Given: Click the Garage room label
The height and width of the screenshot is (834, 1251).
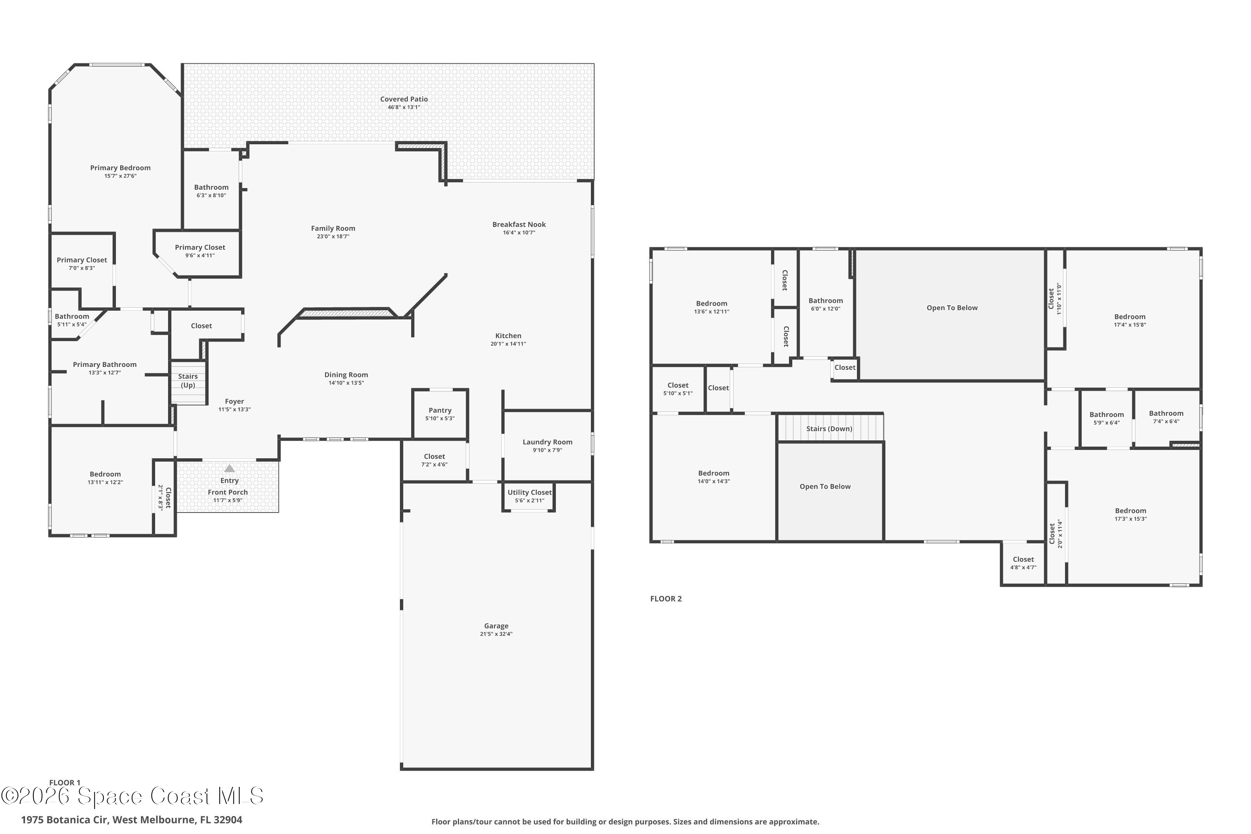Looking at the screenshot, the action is coord(496,626).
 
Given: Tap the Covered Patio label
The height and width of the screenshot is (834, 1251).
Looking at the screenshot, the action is coord(404,99).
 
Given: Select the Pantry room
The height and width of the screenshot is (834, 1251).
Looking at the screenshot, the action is coord(440,414).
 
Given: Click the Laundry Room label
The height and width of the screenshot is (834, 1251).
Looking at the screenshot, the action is coord(547,442).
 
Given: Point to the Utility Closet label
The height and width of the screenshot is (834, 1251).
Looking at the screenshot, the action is coord(530,492).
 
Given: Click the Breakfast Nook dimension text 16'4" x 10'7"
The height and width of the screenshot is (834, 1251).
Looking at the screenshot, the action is coord(519,232).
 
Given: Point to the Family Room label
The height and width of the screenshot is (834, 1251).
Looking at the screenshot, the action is coord(333,228).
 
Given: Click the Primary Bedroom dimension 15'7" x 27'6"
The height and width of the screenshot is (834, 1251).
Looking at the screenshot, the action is coord(120,176).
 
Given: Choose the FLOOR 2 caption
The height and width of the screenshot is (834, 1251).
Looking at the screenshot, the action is coord(666,599).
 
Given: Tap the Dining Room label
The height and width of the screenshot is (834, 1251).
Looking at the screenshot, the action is coord(346,375).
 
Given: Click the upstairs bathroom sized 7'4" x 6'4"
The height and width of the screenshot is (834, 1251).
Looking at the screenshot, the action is coord(1166,418).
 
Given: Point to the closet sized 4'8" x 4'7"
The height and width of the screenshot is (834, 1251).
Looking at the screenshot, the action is coord(1023,564).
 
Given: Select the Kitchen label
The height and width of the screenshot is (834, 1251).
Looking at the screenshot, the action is coord(508,336).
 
